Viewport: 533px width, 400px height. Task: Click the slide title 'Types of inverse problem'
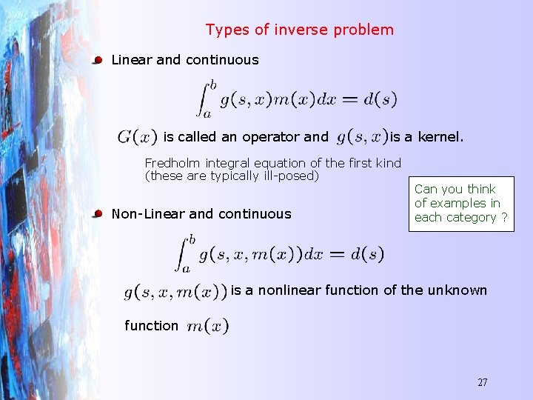pyautogui.click(x=299, y=30)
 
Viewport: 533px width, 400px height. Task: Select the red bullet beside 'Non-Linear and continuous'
pyautogui.click(x=97, y=214)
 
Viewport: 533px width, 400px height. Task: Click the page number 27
pyautogui.click(x=482, y=382)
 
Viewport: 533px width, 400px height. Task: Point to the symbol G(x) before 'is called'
pyautogui.click(x=137, y=137)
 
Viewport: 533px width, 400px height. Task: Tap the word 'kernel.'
pyautogui.click(x=441, y=137)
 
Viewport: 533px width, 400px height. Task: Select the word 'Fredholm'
pyautogui.click(x=173, y=163)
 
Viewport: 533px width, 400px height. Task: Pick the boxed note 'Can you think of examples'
pyautogui.click(x=460, y=203)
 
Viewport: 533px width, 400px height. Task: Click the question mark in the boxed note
pyautogui.click(x=504, y=218)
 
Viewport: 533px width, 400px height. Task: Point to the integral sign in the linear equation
pyautogui.click(x=202, y=98)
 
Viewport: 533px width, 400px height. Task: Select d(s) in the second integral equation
pyautogui.click(x=366, y=255)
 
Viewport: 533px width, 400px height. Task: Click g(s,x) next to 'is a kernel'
pyautogui.click(x=362, y=137)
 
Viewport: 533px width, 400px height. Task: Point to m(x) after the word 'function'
pyautogui.click(x=208, y=326)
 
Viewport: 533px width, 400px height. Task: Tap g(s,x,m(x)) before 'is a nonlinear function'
pyautogui.click(x=175, y=293)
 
